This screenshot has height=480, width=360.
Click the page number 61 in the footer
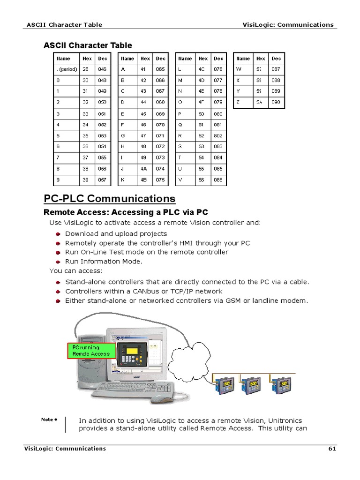point(332,449)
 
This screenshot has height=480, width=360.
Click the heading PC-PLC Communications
point(110,198)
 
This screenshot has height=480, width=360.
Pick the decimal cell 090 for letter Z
point(276,102)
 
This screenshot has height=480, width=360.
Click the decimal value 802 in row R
point(218,136)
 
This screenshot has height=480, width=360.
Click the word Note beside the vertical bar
point(47,420)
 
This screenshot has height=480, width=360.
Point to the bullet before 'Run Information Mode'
point(58,262)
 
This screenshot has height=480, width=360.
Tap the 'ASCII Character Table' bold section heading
point(88,45)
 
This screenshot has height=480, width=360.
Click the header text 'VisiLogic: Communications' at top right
point(288,25)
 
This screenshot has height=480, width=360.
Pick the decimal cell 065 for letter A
point(160,69)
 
